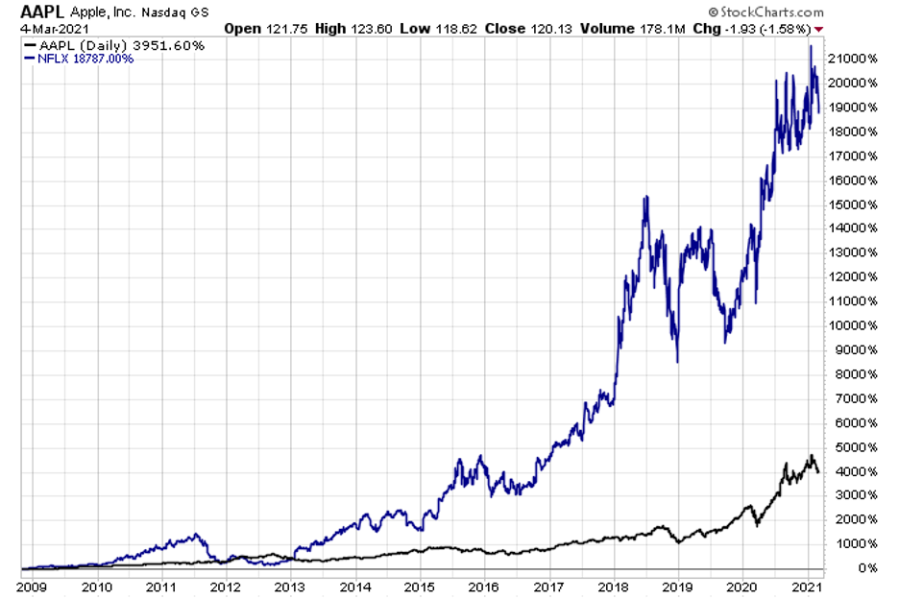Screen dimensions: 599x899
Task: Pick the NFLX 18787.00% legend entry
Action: [81, 59]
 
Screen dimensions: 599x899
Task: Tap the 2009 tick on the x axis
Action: [33, 585]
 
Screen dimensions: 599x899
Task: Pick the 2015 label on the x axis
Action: [419, 585]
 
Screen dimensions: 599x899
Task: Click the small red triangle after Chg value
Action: [817, 29]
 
